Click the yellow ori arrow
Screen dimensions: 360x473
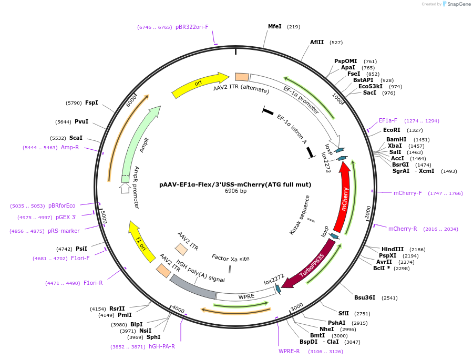[200, 84]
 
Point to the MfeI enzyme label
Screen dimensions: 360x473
[275, 26]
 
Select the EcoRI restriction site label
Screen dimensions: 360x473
[392, 130]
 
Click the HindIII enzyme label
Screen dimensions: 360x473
[392, 249]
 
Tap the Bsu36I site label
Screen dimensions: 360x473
[365, 297]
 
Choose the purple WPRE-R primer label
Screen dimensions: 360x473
[289, 351]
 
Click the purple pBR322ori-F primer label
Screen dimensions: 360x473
[192, 27]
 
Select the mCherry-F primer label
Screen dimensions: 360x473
[408, 193]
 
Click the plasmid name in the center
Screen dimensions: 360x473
[235, 184]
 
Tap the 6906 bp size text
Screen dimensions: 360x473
[235, 191]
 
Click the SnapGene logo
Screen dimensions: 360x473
[456, 4]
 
